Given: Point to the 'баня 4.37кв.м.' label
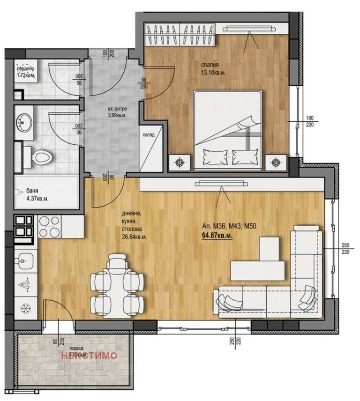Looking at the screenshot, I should pos(33,195).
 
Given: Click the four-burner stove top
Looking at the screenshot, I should pos(49,226).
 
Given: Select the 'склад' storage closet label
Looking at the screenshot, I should pos(150,135).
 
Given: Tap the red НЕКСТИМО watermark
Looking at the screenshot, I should pos(89,356).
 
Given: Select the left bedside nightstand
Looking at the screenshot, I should pos(180,162).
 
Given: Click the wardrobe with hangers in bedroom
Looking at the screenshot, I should pos(180,34).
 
